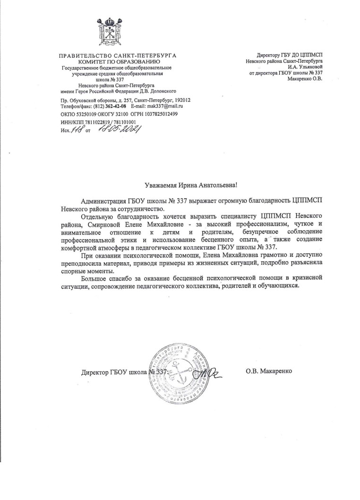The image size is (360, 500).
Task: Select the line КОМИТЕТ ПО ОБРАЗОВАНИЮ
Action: point(116,62)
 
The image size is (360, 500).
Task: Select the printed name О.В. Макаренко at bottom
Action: point(269,371)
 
